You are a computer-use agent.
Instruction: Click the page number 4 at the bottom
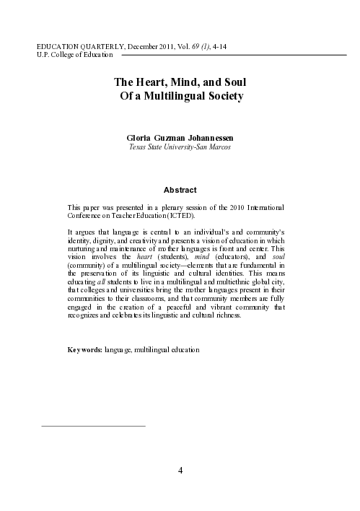(x=180, y=471)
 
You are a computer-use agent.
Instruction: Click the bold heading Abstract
(x=180, y=190)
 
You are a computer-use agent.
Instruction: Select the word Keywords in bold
(x=84, y=349)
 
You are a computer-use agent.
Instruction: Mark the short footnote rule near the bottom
(x=94, y=426)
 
